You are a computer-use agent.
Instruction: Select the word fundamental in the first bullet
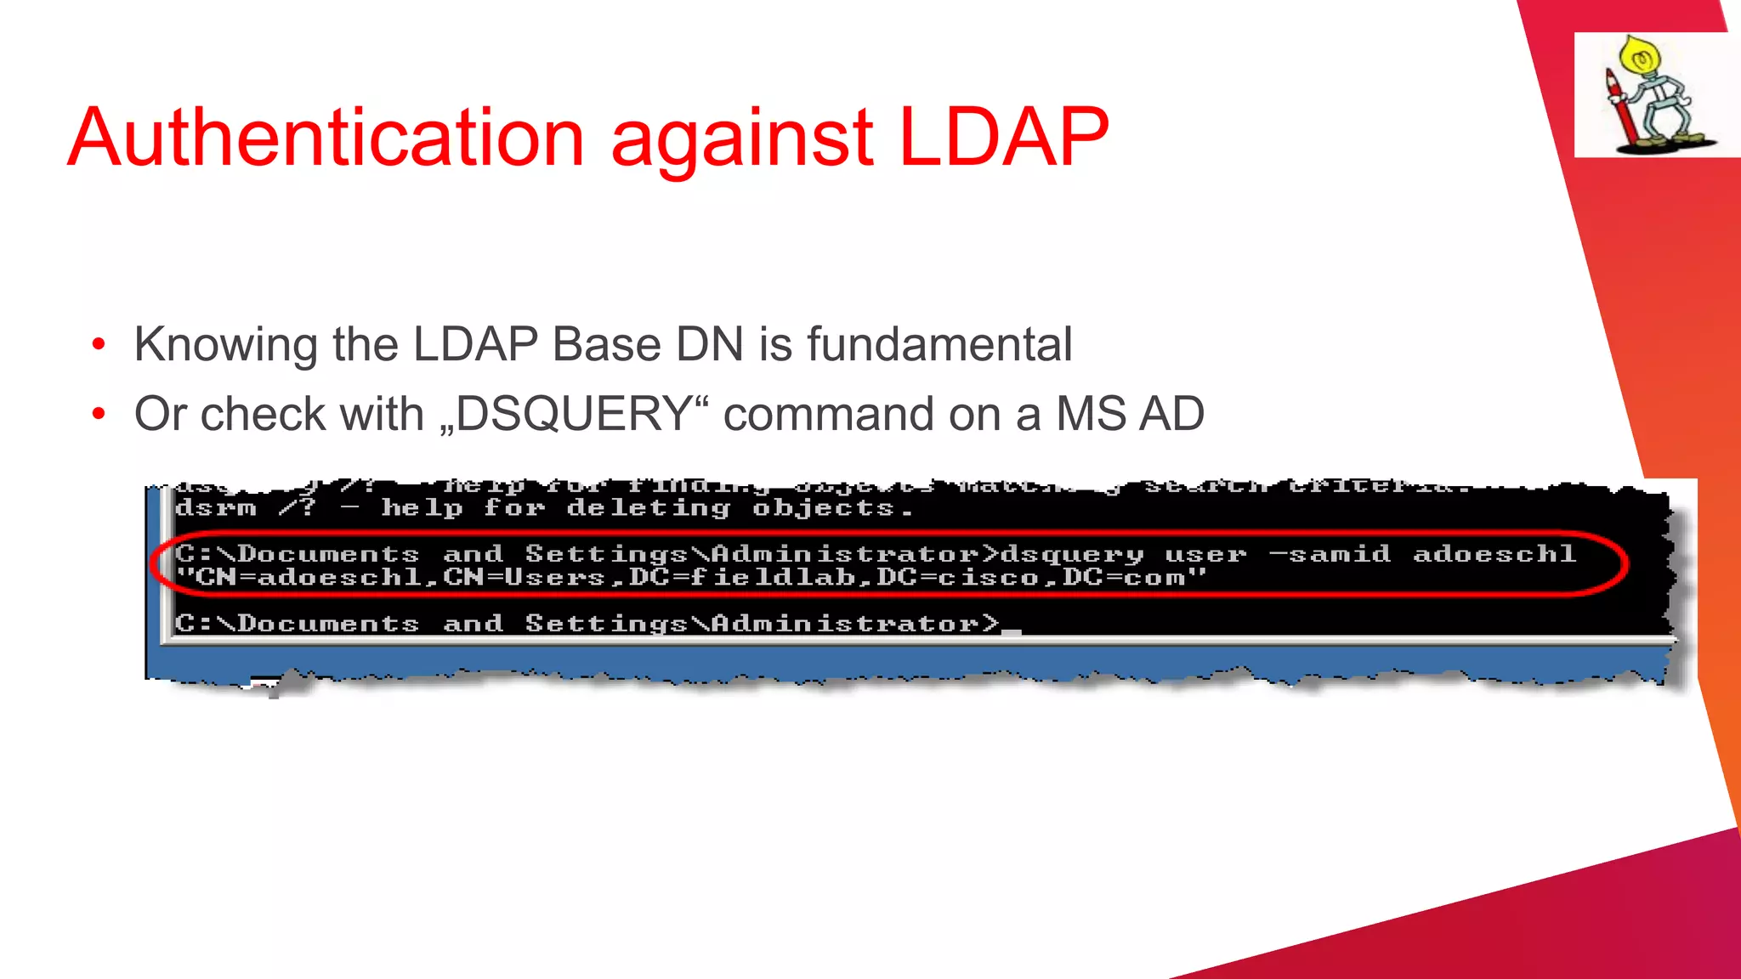point(939,345)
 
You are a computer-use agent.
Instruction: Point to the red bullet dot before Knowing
point(99,345)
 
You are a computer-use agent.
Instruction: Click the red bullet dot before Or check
point(99,415)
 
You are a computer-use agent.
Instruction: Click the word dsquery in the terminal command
point(1072,555)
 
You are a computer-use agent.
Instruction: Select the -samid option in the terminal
point(1330,554)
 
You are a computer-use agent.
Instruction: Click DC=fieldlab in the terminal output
point(742,578)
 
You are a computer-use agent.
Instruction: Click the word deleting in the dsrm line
point(648,508)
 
